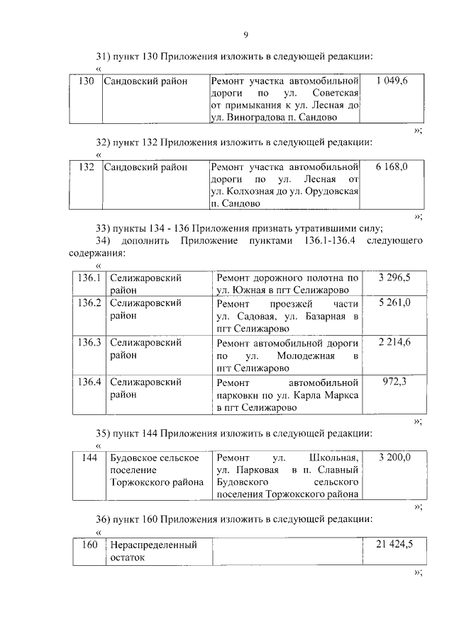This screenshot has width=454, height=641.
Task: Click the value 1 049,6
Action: tap(392, 81)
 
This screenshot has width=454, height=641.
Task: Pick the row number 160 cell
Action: tap(89, 544)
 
